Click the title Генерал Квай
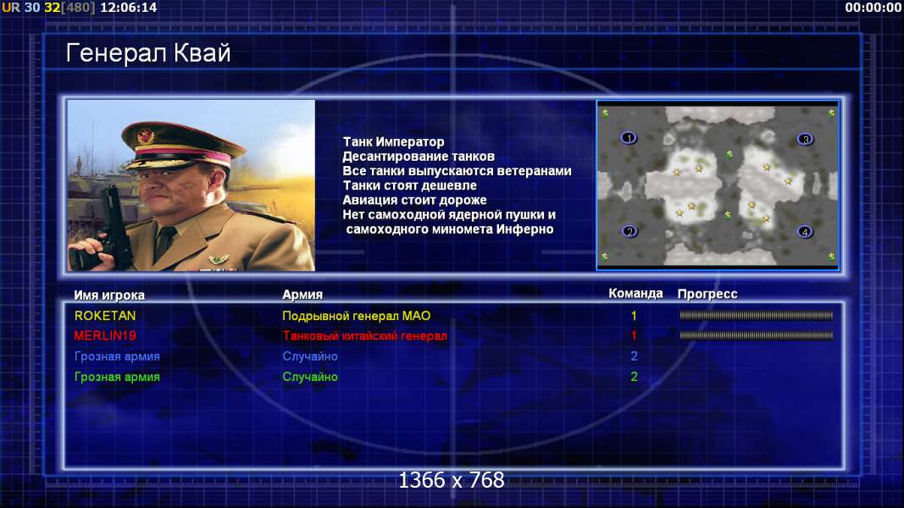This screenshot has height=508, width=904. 148,53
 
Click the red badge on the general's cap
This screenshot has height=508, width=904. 146,136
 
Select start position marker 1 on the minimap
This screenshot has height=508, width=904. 629,138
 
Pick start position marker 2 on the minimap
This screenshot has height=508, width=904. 629,231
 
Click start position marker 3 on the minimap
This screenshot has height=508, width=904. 806,139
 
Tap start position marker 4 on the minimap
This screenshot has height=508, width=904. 805,232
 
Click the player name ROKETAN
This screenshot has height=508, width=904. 105,316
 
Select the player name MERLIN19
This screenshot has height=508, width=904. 105,336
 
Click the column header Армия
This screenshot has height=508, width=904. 302,295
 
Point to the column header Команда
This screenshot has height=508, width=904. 635,294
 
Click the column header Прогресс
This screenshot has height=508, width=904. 707,294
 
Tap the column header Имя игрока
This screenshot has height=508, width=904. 109,295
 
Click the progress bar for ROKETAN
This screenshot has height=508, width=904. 757,316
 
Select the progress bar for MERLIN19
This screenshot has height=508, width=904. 757,335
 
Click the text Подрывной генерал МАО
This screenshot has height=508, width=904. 357,316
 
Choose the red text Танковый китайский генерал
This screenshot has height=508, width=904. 364,336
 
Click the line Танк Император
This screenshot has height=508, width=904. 394,141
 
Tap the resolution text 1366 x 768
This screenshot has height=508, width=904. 452,480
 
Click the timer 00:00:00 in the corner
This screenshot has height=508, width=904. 873,8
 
